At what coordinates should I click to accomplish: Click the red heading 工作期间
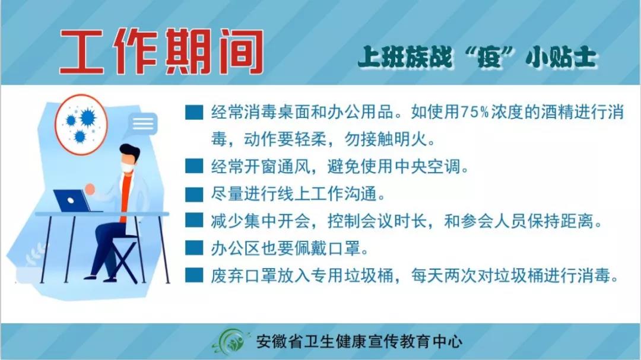pyautogui.click(x=161, y=52)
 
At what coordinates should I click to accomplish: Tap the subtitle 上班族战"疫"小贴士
pyautogui.click(x=477, y=57)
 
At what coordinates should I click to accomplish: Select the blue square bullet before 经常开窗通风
pyautogui.click(x=193, y=166)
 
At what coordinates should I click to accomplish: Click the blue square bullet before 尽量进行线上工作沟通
pyautogui.click(x=193, y=194)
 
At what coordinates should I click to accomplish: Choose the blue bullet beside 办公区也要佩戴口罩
pyautogui.click(x=193, y=248)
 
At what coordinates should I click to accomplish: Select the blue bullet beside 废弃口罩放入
pyautogui.click(x=193, y=275)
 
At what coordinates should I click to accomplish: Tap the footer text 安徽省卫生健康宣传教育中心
pyautogui.click(x=359, y=342)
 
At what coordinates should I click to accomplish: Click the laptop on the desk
pyautogui.click(x=74, y=200)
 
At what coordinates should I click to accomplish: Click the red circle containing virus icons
pyautogui.click(x=81, y=125)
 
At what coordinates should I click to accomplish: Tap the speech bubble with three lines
pyautogui.click(x=143, y=123)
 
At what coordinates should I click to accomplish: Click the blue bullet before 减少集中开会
pyautogui.click(x=193, y=221)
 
